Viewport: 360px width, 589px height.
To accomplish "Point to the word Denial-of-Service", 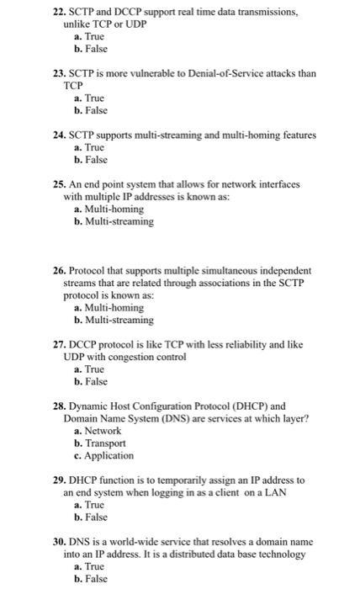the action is pyautogui.click(x=215, y=74).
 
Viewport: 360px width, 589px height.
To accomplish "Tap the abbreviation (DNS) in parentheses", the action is pyautogui.click(x=170, y=418).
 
